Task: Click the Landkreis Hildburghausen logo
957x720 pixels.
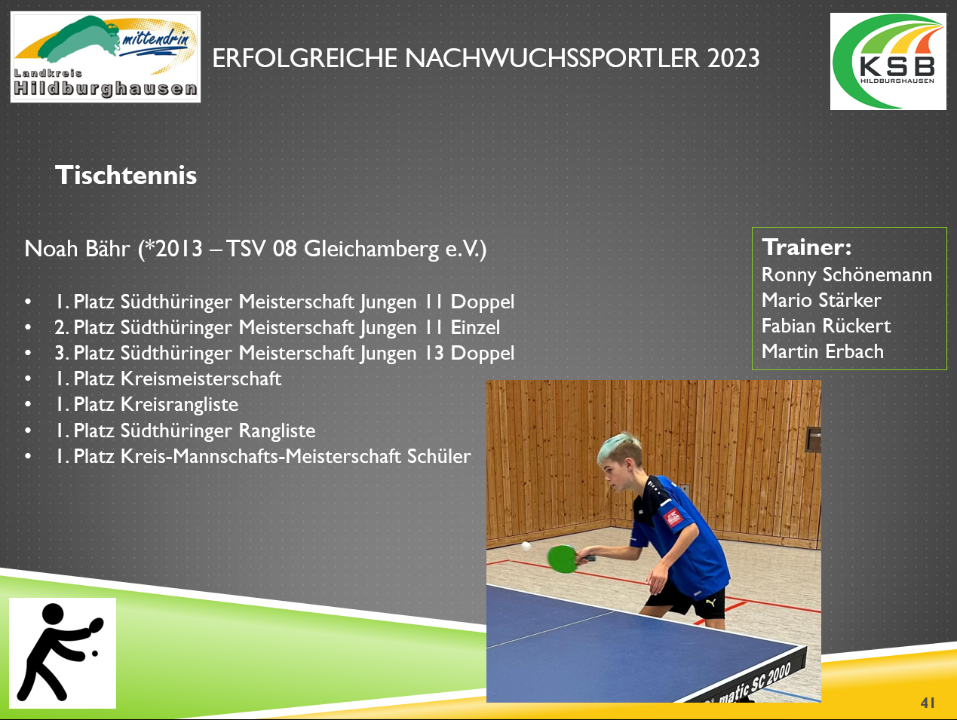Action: tap(106, 57)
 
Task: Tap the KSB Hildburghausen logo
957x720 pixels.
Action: tap(888, 62)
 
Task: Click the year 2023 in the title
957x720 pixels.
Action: tap(733, 58)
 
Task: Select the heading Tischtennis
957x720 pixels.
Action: tap(126, 175)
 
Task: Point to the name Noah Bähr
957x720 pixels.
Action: tap(77, 249)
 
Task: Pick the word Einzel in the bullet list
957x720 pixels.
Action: tap(475, 327)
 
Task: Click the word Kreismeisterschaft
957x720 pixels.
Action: tap(201, 378)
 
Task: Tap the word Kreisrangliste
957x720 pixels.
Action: tap(179, 405)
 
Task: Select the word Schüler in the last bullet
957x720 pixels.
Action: tap(439, 456)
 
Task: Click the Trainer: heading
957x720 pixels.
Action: tap(807, 247)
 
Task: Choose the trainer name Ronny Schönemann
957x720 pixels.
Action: tap(847, 275)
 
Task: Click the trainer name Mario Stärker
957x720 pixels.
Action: tap(821, 300)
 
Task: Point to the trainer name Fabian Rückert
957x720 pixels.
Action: tap(827, 326)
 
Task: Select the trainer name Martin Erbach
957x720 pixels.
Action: tap(823, 352)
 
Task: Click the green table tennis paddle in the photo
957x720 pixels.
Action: tap(563, 559)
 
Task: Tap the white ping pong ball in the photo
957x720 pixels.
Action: tap(526, 546)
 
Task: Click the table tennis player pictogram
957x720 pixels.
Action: tap(63, 653)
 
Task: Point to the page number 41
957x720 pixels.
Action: tap(928, 703)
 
